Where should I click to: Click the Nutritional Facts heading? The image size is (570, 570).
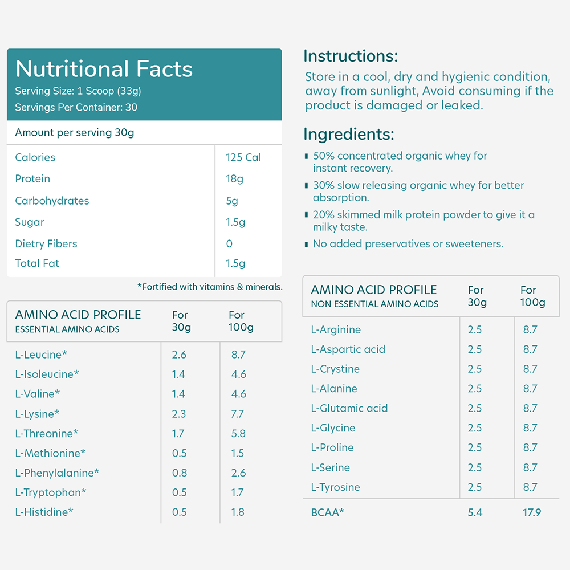104,69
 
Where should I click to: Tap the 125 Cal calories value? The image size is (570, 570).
243,157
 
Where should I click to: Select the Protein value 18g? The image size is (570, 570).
234,179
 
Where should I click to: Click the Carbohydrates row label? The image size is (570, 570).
52,201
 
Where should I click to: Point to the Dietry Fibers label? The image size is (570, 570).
46,243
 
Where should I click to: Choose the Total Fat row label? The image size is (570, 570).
37,263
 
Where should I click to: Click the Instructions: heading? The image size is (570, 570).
351,56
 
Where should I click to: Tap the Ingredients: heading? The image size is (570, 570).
349,134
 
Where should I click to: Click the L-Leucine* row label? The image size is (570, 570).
41,355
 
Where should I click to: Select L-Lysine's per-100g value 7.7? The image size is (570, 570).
238,414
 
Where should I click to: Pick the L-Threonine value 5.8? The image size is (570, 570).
239,434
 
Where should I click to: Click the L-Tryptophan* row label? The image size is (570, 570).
51,492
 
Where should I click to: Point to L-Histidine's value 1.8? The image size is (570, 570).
238,512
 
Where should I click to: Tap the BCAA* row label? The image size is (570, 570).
328,512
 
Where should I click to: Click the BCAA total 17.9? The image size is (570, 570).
532,512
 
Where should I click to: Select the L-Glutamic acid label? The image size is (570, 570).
349,408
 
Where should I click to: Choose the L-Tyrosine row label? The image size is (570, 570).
336,487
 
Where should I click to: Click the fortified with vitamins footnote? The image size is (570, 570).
210,287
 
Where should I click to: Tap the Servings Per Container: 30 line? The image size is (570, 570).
76,107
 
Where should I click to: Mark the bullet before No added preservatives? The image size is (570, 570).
307,244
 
